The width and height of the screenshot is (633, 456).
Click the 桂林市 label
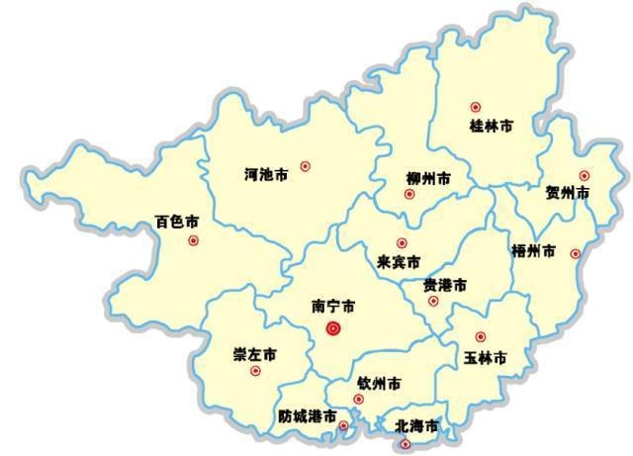(x=491, y=127)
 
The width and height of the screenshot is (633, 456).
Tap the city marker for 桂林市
(x=476, y=107)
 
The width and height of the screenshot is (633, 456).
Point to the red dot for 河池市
(x=305, y=166)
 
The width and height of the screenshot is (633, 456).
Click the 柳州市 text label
(x=428, y=179)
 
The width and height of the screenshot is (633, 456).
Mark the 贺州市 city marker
(x=584, y=176)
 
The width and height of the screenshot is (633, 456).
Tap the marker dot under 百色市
(x=193, y=240)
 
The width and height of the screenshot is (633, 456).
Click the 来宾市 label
(x=400, y=263)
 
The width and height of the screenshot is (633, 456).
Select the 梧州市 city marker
(x=576, y=254)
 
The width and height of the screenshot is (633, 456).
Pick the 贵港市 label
(x=445, y=285)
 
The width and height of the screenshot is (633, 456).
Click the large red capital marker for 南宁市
(x=334, y=328)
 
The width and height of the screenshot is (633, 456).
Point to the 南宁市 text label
(x=333, y=307)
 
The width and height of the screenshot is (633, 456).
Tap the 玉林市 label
(x=485, y=357)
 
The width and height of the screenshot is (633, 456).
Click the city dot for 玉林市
(x=481, y=337)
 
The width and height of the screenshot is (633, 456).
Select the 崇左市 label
(x=254, y=354)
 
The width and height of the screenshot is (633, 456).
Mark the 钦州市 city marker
(x=359, y=400)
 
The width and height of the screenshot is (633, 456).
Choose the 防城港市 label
(x=307, y=416)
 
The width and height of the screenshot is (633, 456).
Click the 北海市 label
(x=415, y=426)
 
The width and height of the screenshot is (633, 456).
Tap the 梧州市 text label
(x=534, y=251)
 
